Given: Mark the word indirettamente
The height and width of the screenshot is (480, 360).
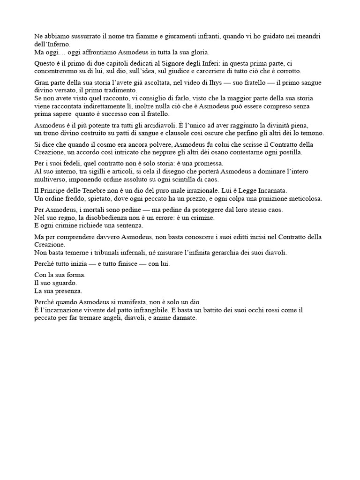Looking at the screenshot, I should click(x=116, y=106).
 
